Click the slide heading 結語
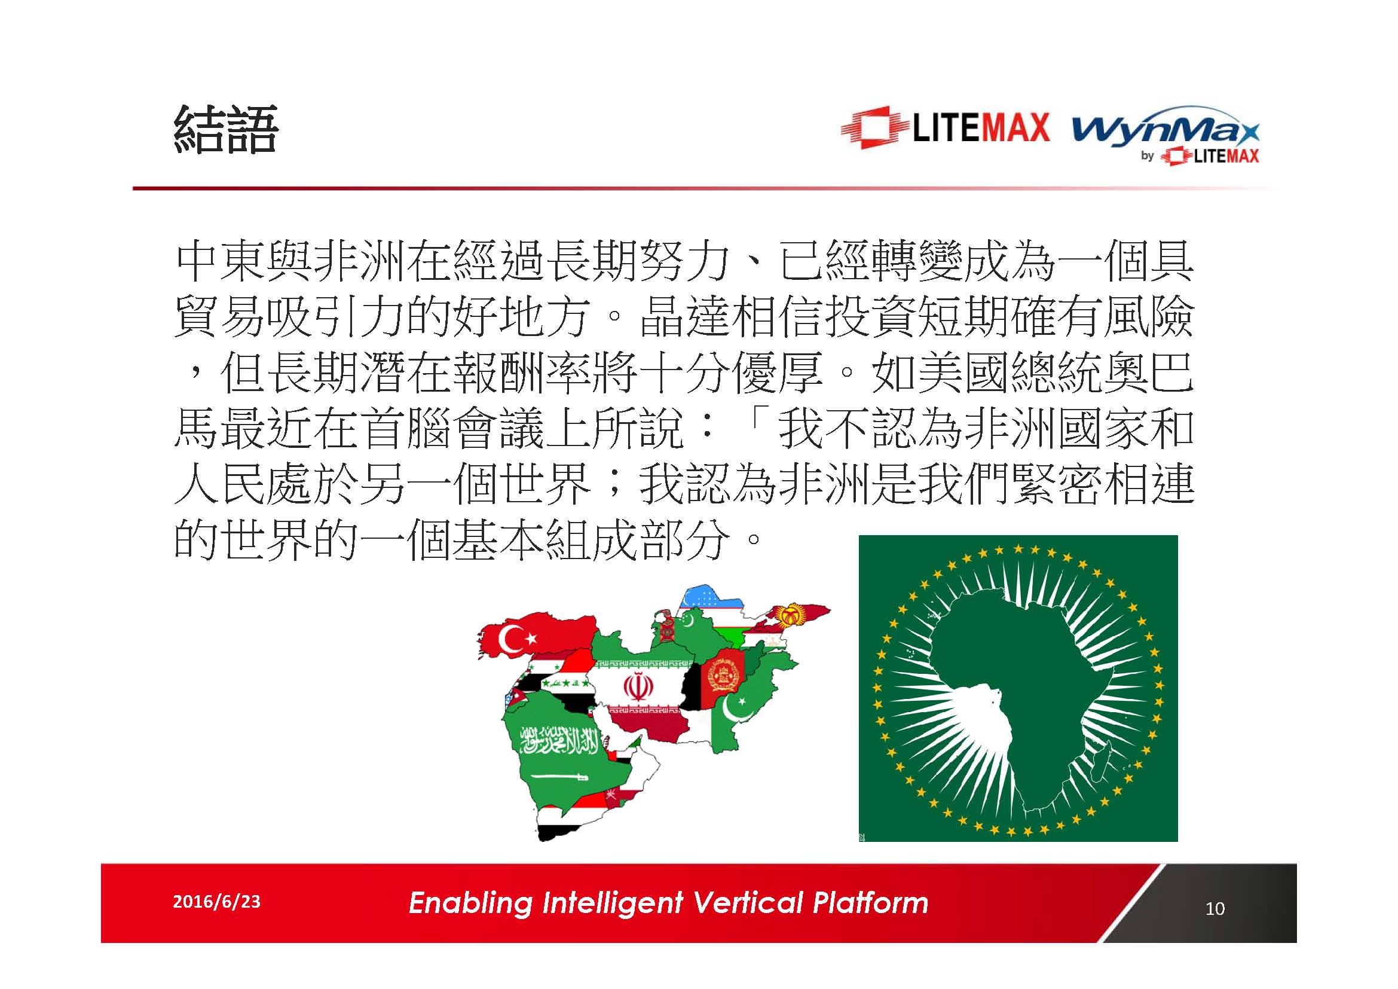tap(226, 129)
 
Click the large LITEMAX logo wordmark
tap(981, 128)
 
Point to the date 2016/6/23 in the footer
tap(217, 901)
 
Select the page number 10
tap(1215, 909)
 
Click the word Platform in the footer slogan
tap(871, 902)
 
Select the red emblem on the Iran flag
tap(638, 687)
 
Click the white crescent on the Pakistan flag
tap(735, 707)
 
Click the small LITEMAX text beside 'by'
tap(1226, 156)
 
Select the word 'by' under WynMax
tap(1147, 156)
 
